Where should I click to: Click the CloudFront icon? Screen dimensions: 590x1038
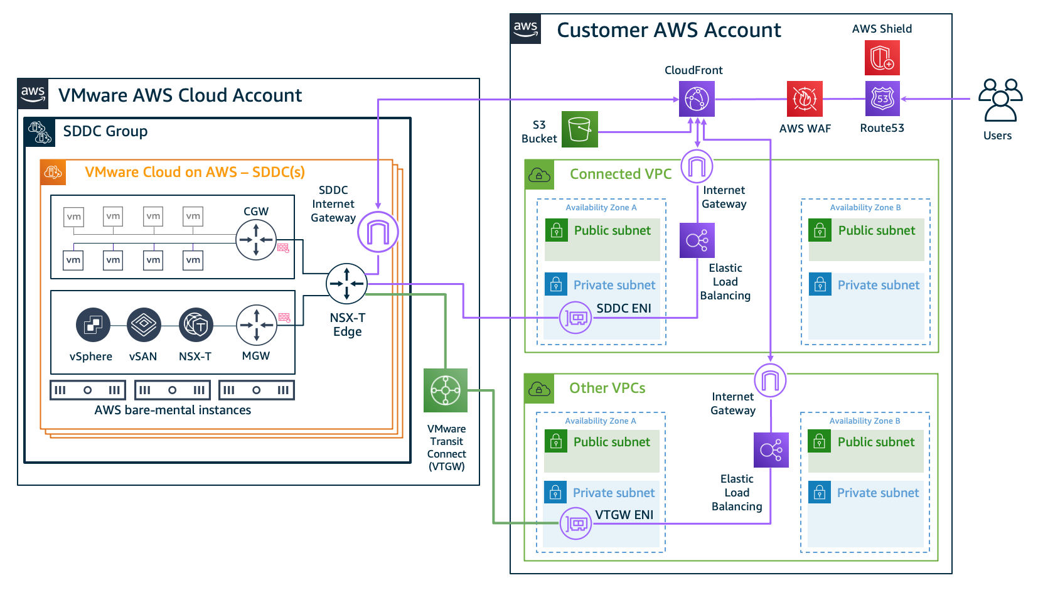click(x=697, y=99)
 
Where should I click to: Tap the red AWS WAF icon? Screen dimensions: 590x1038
click(x=805, y=99)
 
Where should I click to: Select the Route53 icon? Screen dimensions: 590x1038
click(x=882, y=99)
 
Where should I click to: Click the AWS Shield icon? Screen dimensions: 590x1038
click(x=882, y=58)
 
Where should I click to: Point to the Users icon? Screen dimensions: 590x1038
click(x=1000, y=100)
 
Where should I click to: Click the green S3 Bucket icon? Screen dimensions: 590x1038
click(x=579, y=129)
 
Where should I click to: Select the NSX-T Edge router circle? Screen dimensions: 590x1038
click(x=346, y=284)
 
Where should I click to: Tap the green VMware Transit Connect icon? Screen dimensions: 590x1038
click(x=446, y=390)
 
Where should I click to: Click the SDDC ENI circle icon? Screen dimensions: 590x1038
click(x=575, y=318)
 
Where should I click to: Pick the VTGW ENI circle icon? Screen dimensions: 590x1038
click(x=575, y=523)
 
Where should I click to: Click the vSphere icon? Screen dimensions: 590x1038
click(x=93, y=325)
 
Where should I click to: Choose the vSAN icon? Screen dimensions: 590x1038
click(x=144, y=325)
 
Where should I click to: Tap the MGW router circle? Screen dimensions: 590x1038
click(x=256, y=325)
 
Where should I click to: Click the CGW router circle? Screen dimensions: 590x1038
click(x=256, y=240)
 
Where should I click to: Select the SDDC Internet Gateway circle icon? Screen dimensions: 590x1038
click(x=378, y=232)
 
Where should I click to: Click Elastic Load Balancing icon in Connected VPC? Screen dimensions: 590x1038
click(x=697, y=240)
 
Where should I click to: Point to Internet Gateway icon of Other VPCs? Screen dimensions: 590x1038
click(x=770, y=380)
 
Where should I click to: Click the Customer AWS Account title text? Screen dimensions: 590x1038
click(x=668, y=30)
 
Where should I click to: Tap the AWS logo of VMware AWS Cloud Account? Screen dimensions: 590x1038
click(x=33, y=94)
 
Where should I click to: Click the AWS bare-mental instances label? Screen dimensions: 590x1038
click(x=173, y=410)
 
